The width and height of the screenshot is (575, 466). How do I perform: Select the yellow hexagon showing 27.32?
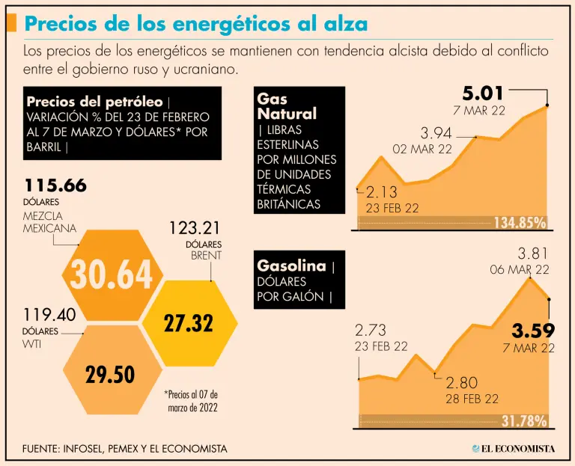click(x=188, y=323)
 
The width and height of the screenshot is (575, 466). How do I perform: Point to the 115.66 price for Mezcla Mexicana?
click(x=55, y=185)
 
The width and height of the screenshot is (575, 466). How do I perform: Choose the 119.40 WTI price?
click(x=49, y=315)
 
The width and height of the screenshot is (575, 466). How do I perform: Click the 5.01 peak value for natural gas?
click(x=483, y=94)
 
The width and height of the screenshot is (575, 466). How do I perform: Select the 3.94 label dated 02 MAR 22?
click(x=436, y=133)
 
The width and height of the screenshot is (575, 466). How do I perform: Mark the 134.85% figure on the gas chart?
click(x=519, y=222)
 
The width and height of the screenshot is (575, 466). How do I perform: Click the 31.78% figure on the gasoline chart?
click(x=523, y=421)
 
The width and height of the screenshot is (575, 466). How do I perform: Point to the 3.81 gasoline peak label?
click(x=534, y=253)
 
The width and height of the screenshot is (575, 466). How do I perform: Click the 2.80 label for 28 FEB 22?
click(x=461, y=382)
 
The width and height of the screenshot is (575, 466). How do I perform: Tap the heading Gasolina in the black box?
click(x=291, y=266)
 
